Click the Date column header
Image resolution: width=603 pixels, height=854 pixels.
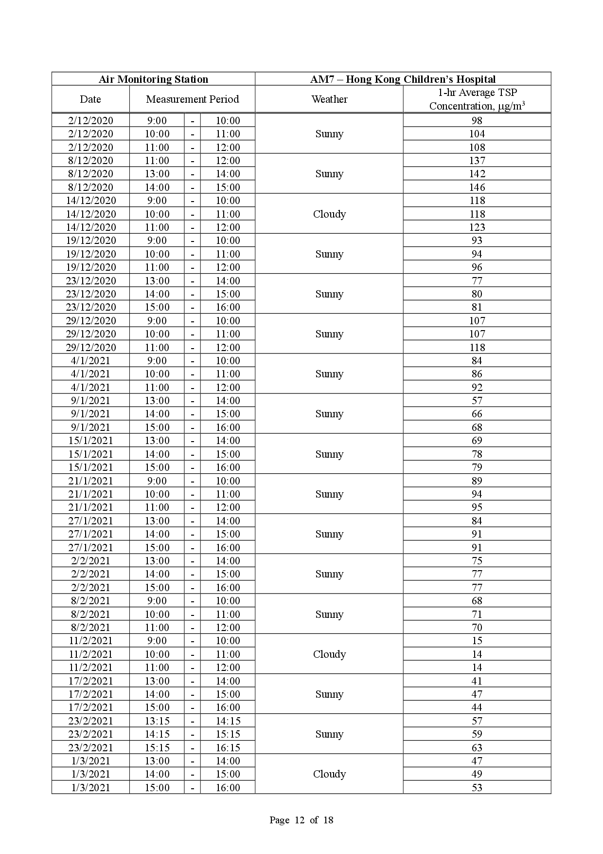(x=90, y=99)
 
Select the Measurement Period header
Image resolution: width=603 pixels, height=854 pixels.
(x=192, y=99)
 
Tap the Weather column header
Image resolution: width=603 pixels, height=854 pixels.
(x=329, y=99)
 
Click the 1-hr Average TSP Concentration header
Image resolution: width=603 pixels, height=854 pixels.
(x=477, y=99)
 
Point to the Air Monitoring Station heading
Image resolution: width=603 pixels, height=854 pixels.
(x=153, y=79)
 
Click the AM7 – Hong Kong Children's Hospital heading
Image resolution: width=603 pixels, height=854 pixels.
(x=403, y=79)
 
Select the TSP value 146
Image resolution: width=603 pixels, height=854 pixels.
(x=477, y=187)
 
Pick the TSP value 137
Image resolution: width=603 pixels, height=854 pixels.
(x=477, y=161)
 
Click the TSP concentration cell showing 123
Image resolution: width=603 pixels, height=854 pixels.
(x=477, y=227)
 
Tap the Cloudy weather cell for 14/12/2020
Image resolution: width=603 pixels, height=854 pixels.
(x=329, y=214)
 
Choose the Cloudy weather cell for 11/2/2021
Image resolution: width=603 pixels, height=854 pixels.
(x=329, y=654)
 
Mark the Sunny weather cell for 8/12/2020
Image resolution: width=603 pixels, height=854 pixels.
(x=329, y=174)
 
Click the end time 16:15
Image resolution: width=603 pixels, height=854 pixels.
(x=228, y=748)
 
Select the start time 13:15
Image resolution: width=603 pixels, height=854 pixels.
(x=157, y=721)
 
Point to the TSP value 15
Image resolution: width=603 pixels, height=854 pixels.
(x=477, y=641)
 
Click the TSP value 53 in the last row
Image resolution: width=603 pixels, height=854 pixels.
(x=477, y=788)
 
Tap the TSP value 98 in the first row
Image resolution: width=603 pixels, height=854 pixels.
(x=477, y=121)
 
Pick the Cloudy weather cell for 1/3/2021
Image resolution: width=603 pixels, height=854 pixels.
(x=329, y=774)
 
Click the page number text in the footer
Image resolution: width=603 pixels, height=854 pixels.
(x=301, y=820)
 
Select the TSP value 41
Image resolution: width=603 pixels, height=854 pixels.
(x=477, y=681)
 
